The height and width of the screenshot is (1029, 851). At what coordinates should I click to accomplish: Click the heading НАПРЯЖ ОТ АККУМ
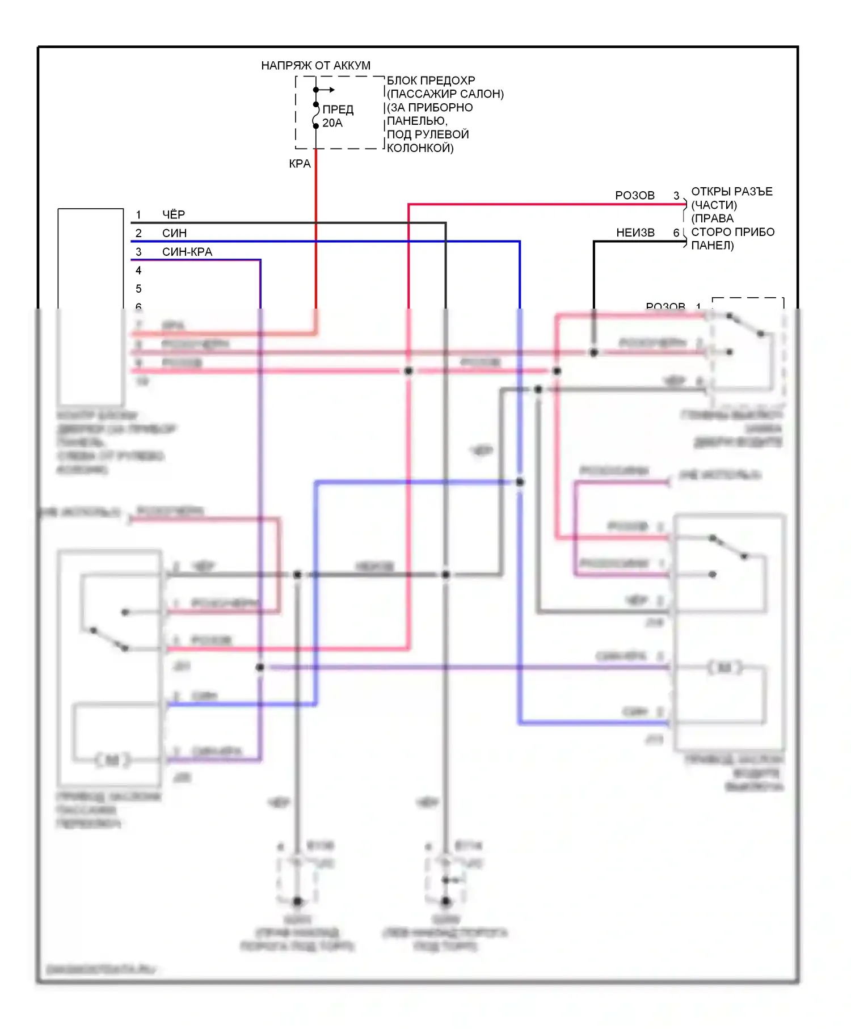[x=315, y=66]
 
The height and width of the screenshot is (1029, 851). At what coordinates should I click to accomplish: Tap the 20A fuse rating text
[x=332, y=123]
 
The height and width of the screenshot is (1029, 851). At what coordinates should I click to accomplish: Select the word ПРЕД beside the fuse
[x=338, y=109]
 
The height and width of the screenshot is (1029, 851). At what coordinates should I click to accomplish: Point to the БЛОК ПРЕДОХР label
[x=431, y=81]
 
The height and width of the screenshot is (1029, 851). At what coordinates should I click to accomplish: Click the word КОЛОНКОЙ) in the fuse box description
[x=420, y=148]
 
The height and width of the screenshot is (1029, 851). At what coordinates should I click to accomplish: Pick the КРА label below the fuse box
[x=300, y=164]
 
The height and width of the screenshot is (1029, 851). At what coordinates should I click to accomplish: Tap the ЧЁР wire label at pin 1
[x=174, y=214]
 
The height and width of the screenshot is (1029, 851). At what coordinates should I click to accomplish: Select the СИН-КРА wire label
[x=187, y=252]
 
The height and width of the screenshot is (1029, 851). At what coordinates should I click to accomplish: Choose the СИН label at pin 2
[x=174, y=233]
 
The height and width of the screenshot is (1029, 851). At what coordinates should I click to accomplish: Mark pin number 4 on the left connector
[x=138, y=271]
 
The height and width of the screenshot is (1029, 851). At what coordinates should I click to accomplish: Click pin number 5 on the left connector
[x=138, y=289]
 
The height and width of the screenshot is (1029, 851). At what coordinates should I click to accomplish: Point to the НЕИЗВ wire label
[x=635, y=233]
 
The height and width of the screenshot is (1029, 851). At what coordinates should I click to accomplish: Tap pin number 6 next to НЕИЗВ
[x=676, y=233]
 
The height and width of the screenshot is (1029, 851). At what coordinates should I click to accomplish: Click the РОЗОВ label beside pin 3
[x=635, y=196]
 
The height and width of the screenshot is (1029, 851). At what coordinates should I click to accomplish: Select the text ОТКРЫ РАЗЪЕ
[x=732, y=192]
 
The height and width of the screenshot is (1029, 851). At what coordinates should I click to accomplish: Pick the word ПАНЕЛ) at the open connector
[x=713, y=246]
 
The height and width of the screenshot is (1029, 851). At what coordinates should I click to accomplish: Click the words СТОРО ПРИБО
[x=733, y=232]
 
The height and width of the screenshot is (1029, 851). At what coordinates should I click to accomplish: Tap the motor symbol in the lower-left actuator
[x=113, y=760]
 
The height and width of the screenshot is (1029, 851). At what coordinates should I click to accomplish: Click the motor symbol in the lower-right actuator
[x=725, y=668]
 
